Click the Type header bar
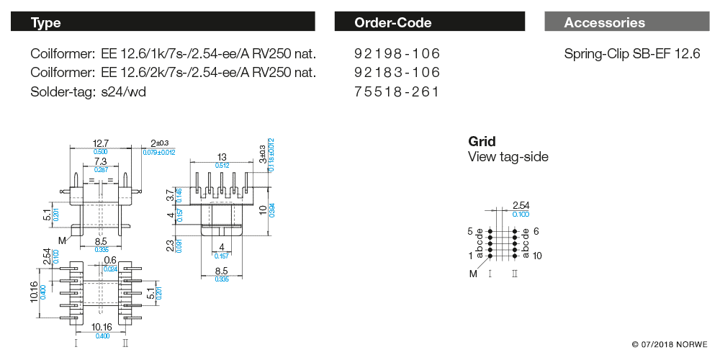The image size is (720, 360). pos(162,22)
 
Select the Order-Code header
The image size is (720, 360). pos(430,22)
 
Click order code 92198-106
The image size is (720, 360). pos(397,54)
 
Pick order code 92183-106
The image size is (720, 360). pos(397,73)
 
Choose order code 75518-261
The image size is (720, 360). pos(397,91)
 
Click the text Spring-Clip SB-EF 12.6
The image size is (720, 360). pos(632,54)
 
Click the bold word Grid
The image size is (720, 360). pos(482,142)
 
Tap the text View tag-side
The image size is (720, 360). pos(508,157)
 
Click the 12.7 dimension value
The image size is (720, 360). pos(101,143)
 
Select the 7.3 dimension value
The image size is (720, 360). pos(100,162)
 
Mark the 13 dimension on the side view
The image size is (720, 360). pos(221,157)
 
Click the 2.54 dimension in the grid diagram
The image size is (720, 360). pos(521,206)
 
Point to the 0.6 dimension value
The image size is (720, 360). pos(110,261)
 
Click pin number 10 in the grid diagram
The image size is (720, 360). pos(538,256)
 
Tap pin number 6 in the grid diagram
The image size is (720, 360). pos(536,232)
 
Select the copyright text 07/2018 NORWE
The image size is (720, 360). pos(670,344)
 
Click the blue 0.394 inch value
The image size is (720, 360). pos(271,209)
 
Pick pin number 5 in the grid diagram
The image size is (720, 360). pos(470,232)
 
